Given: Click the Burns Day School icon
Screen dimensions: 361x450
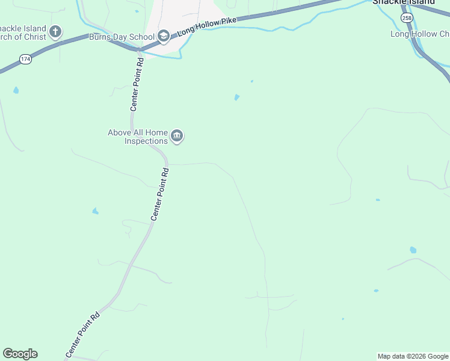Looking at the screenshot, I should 163,36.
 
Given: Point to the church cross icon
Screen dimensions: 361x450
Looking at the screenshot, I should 55,31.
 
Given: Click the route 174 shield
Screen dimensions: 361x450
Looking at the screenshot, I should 25,59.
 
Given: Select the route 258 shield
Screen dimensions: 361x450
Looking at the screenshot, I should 408,17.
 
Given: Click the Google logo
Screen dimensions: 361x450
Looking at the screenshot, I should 20,354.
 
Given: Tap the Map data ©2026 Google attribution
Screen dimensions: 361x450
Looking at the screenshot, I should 413,356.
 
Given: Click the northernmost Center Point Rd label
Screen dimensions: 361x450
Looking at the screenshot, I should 137,84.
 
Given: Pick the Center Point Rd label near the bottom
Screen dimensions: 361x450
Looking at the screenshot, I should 82,335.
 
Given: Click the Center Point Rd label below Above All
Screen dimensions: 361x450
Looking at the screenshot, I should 160,194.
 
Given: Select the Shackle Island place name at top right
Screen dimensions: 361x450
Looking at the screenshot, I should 403,2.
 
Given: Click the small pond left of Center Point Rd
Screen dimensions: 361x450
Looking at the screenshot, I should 95,211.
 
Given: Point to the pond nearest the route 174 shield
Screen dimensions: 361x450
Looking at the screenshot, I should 16,90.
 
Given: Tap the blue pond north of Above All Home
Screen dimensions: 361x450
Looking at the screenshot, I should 236,97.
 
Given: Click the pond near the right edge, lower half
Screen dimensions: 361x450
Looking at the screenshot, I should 413,250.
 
